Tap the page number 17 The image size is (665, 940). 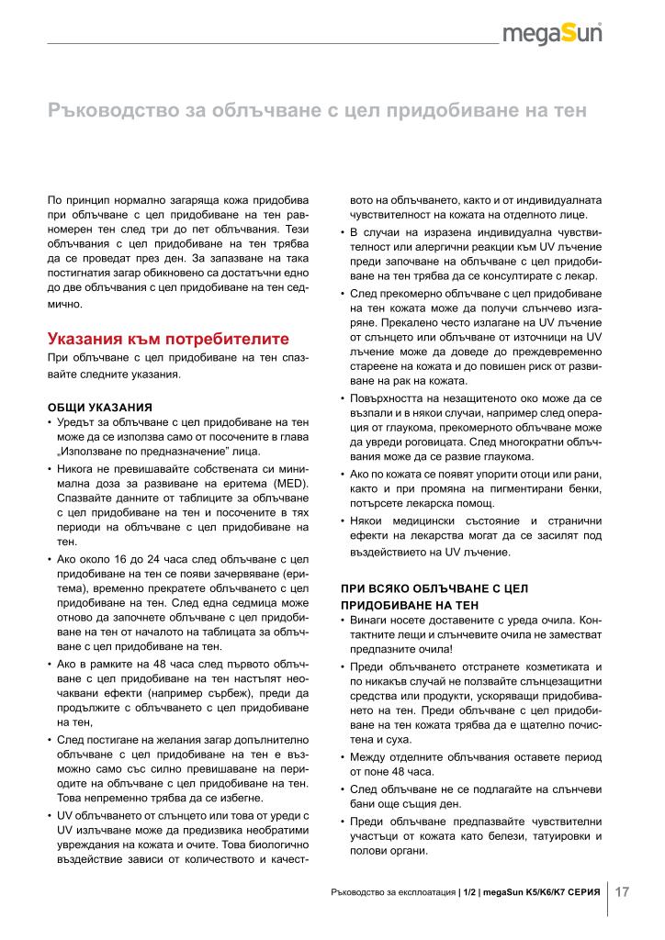[623, 891]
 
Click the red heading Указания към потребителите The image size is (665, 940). [168, 338]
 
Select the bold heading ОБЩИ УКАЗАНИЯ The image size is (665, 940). [99, 407]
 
